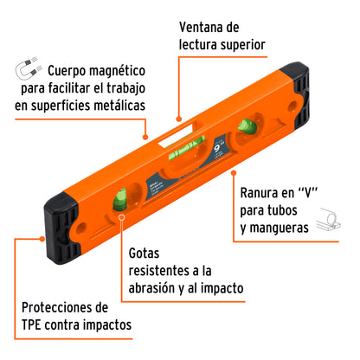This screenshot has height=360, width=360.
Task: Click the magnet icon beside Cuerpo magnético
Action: click(29, 68)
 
